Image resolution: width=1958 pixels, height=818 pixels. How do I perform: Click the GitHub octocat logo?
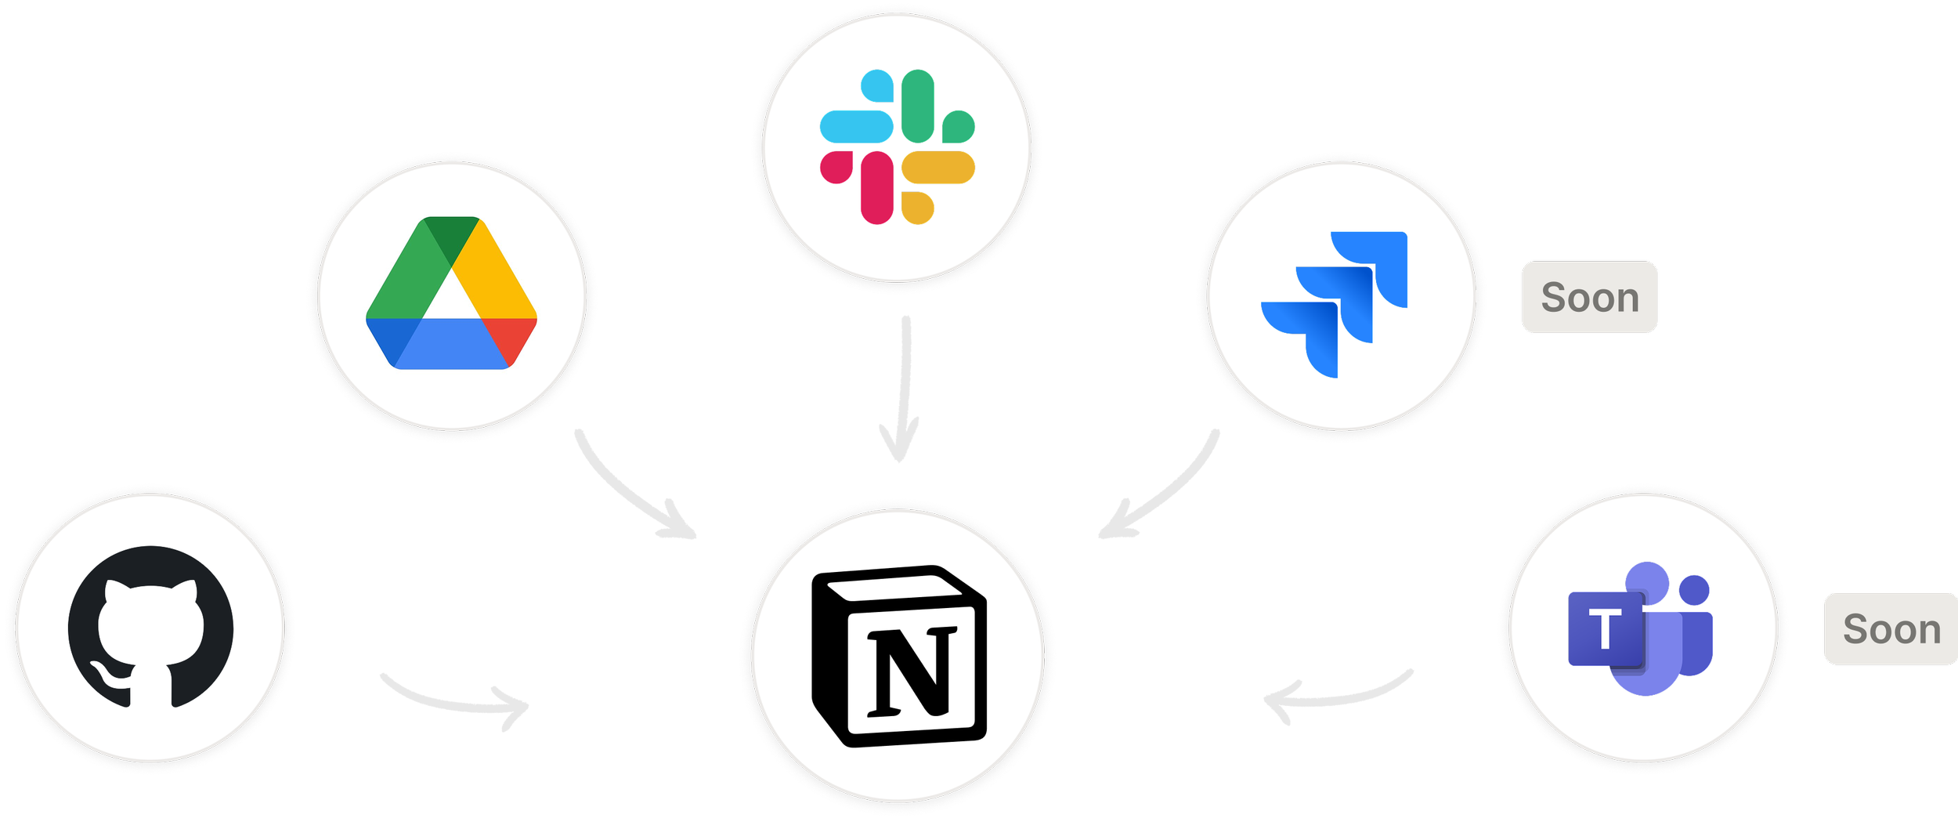[x=150, y=627]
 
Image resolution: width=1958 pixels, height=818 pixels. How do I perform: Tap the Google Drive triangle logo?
[x=451, y=293]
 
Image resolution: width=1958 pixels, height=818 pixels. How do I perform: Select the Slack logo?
[x=898, y=147]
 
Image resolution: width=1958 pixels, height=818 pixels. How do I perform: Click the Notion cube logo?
[x=899, y=655]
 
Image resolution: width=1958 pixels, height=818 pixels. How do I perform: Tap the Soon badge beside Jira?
[x=1589, y=298]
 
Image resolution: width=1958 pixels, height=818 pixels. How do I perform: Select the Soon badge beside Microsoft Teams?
[x=1891, y=629]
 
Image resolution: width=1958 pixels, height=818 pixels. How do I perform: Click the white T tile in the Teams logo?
[x=1605, y=628]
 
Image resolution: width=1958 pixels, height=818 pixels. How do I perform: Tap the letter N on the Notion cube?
[x=912, y=671]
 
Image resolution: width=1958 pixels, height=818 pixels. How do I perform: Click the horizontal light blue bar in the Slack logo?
[x=856, y=125]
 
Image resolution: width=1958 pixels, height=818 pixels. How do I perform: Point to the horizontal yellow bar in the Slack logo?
[x=938, y=167]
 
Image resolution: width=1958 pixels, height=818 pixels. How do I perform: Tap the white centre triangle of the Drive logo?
[x=451, y=302]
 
